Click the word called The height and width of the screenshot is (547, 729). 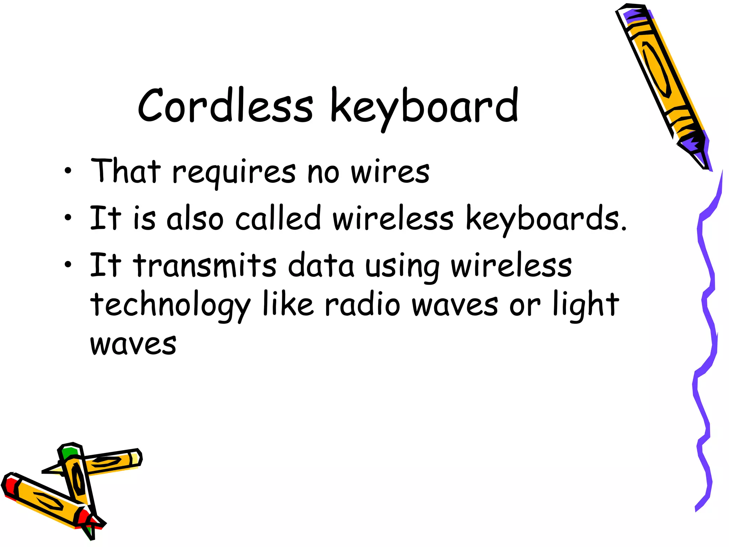coord(278,218)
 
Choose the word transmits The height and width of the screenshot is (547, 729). coord(205,265)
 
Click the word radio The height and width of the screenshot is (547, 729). coord(363,305)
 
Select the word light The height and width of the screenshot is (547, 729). coord(586,305)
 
